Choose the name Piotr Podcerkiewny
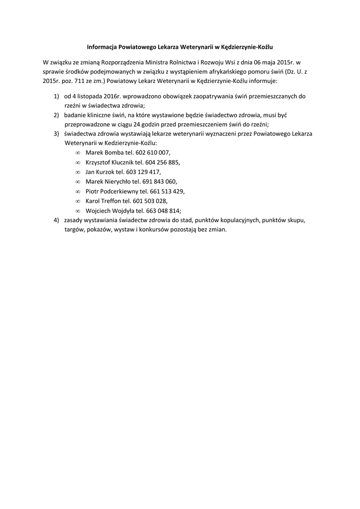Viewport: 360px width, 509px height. (x=112, y=191)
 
